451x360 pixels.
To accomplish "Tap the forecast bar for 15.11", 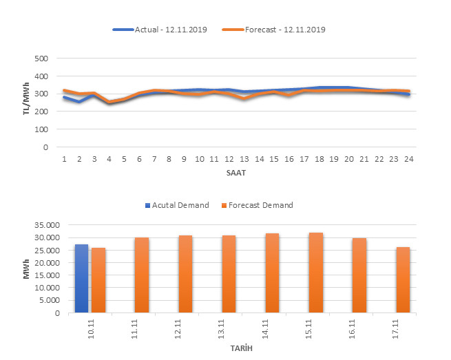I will point(316,273).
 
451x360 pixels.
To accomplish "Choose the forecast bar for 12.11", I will point(185,274).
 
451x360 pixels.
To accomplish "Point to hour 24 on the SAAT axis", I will point(408,159).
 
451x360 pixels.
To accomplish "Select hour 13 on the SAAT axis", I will point(244,159).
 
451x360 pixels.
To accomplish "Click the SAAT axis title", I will point(236,173).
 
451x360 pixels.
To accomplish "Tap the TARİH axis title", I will point(240,349).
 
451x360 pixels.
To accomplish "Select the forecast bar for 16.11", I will point(359,275).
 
